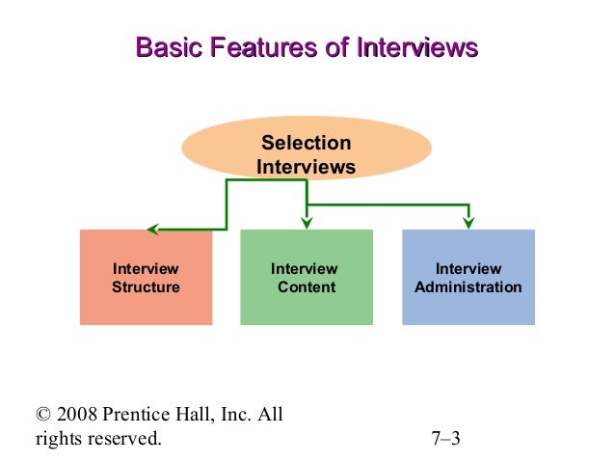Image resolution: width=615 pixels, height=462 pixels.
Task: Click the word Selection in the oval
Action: pyautogui.click(x=307, y=144)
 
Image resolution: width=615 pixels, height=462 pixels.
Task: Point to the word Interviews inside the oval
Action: pyautogui.click(x=307, y=168)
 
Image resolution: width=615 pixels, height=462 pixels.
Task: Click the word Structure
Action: pyautogui.click(x=146, y=287)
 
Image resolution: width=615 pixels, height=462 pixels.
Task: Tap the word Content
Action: pyautogui.click(x=307, y=287)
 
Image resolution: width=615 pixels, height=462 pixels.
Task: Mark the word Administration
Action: pyautogui.click(x=468, y=287)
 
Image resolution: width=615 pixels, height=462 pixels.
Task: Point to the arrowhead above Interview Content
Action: pyautogui.click(x=307, y=223)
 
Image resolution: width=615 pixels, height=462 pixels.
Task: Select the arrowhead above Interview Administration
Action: pyautogui.click(x=468, y=223)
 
